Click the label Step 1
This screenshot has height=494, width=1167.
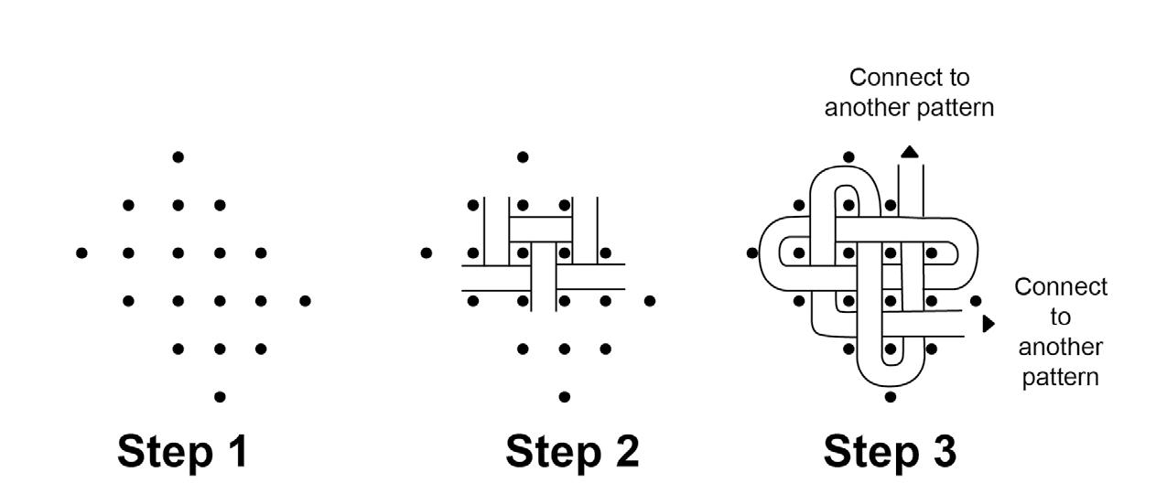(182, 452)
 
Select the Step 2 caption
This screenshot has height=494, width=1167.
(572, 452)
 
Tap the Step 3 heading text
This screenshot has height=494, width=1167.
(890, 452)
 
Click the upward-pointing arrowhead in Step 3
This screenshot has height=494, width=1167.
(909, 151)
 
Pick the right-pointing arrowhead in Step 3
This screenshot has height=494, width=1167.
(988, 323)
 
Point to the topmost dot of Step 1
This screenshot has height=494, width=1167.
(178, 156)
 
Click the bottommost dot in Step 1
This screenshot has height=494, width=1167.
(220, 396)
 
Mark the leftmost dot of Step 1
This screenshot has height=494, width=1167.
(81, 252)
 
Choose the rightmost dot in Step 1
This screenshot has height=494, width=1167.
(305, 300)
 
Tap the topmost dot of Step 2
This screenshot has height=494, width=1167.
(523, 156)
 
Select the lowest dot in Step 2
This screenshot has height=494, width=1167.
(565, 396)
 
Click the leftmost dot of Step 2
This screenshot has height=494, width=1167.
(427, 252)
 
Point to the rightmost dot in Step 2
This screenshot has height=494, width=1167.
(650, 300)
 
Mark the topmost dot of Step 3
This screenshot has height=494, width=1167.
(848, 156)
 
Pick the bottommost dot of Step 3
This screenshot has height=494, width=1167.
(891, 397)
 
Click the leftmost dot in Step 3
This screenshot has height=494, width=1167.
(752, 252)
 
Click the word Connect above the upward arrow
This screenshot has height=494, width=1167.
(909, 77)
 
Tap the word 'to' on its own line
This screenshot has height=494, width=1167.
(1060, 317)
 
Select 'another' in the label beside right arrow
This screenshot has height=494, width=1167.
(1060, 348)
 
